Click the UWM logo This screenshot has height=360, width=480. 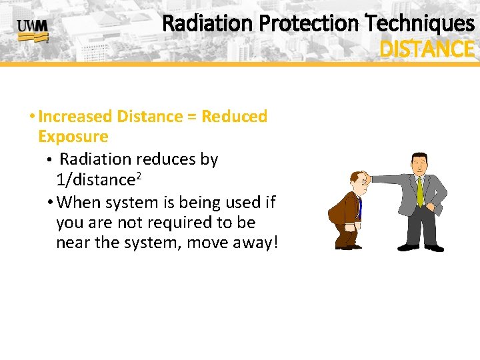tap(32, 30)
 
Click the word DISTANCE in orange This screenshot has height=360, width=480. tap(427, 49)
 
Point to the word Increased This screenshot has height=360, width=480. tap(75, 117)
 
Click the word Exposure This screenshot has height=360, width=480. tap(73, 137)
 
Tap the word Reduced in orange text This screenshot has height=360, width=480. tap(234, 117)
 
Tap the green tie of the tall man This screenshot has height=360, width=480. tap(419, 191)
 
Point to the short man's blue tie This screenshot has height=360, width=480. tap(359, 207)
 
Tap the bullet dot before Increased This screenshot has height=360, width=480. tap(32, 117)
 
